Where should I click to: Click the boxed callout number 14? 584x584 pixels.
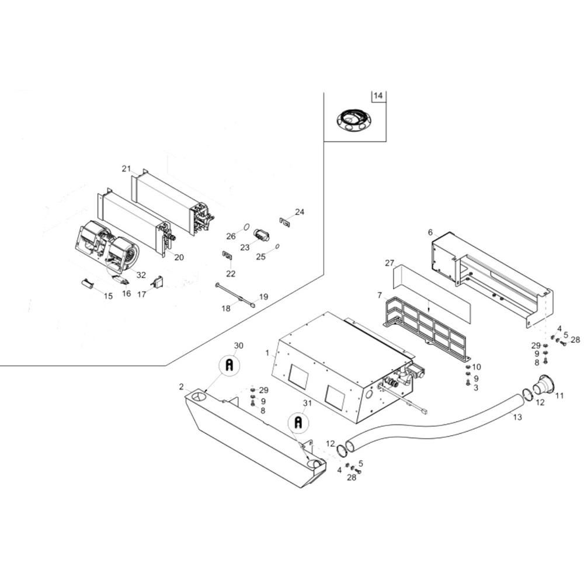(x=378, y=96)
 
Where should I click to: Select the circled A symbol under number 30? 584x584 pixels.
(x=230, y=366)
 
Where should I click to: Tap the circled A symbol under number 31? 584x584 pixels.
(x=298, y=422)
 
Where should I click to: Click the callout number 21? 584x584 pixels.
(x=127, y=168)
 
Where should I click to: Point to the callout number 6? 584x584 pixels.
(x=430, y=232)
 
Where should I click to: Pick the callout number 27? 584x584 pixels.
(x=389, y=263)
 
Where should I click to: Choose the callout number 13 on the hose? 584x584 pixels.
(x=517, y=417)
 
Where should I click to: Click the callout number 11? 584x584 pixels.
(x=559, y=395)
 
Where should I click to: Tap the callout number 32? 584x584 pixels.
(x=141, y=275)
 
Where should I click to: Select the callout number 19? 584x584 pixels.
(x=264, y=297)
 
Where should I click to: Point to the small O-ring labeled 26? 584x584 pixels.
(x=246, y=227)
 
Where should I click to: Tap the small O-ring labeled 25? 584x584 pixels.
(x=277, y=246)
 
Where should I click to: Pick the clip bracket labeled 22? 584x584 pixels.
(x=227, y=255)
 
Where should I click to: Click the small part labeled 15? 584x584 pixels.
(x=88, y=283)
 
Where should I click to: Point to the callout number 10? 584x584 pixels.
(x=477, y=367)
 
